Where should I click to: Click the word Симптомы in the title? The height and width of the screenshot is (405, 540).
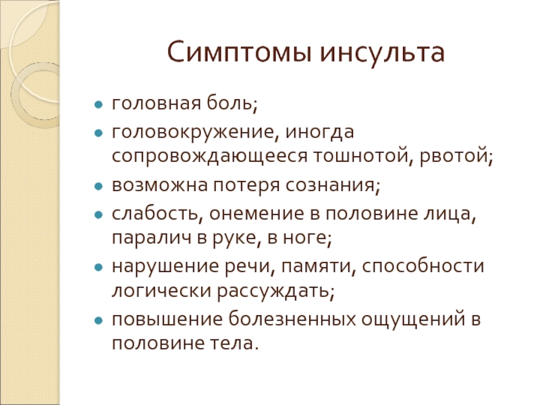tap(240, 53)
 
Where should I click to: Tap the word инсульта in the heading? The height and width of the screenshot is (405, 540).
tap(382, 53)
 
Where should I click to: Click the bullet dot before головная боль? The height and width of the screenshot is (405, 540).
tap(99, 105)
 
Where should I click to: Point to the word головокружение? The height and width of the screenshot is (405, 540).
tap(193, 132)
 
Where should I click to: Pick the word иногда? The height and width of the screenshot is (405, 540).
tap(319, 132)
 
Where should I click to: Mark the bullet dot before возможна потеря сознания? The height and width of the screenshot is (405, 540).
tap(99, 186)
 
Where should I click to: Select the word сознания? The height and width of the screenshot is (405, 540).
tap(333, 185)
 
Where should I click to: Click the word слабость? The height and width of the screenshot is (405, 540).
tap(155, 213)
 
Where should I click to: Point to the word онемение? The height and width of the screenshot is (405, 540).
tap(256, 213)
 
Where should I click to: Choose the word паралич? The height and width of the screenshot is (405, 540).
tap(151, 238)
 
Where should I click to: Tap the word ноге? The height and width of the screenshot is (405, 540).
tap(307, 238)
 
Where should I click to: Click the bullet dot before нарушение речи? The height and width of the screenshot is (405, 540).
tap(99, 267)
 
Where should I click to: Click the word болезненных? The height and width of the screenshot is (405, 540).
tap(292, 319)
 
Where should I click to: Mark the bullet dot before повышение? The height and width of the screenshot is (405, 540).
tap(99, 321)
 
